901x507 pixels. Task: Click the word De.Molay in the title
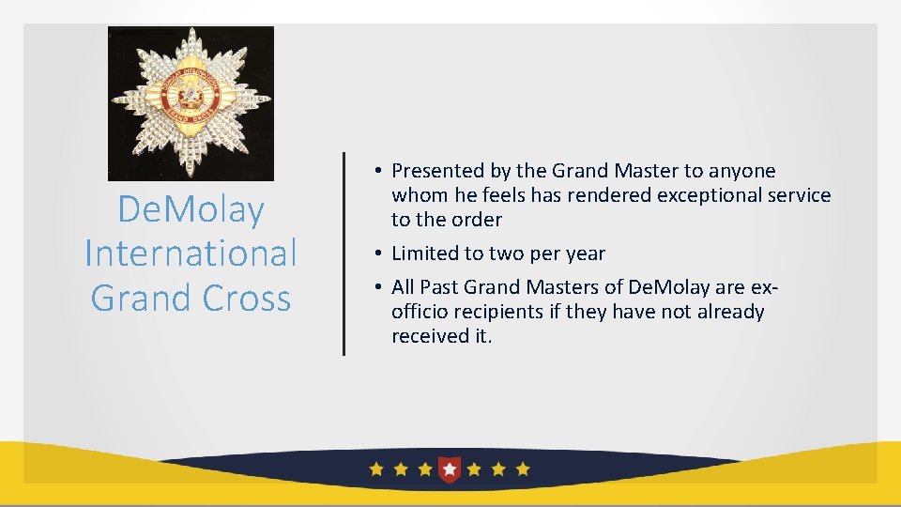pos(191,209)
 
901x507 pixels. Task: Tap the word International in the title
pos(191,253)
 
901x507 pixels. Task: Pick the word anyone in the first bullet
pos(742,171)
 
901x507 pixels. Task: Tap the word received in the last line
pos(428,336)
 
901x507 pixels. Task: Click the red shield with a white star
pos(450,468)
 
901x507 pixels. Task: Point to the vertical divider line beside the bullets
pos(344,253)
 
